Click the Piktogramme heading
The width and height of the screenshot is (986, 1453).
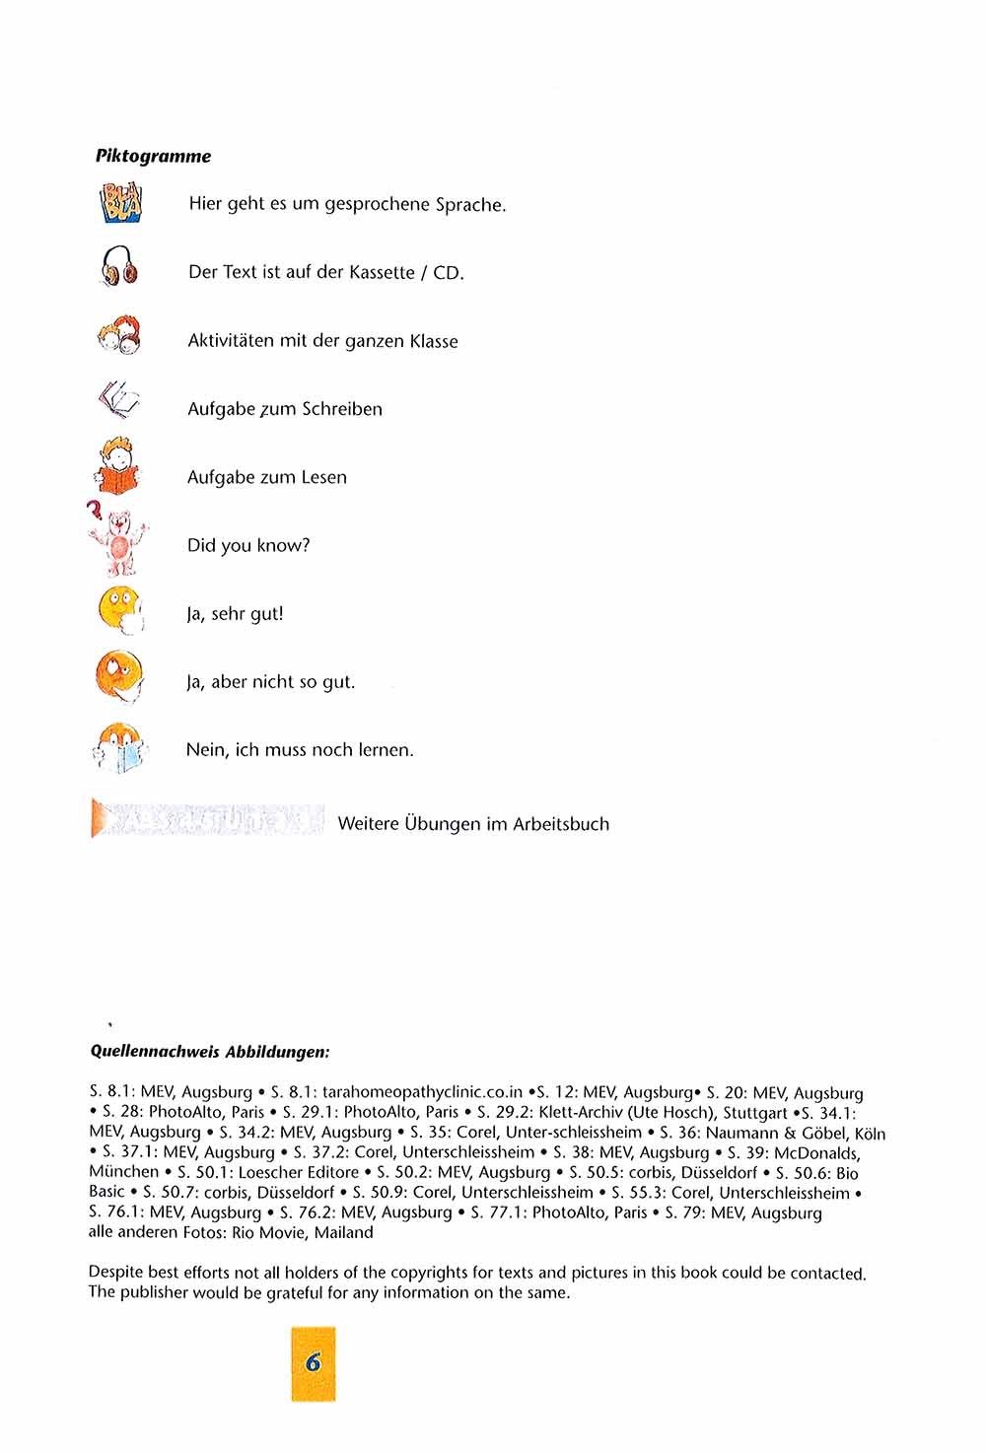point(153,156)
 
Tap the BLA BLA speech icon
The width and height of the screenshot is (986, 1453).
point(120,204)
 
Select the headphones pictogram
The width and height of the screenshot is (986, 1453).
point(119,267)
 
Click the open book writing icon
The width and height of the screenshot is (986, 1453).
point(118,400)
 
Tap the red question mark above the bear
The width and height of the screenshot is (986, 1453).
point(95,512)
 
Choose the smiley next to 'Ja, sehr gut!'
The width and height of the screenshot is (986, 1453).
point(120,608)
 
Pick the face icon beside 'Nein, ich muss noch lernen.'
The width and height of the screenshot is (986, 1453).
point(118,747)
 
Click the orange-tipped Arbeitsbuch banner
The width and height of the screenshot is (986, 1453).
point(207,820)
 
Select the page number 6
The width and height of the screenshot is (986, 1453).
point(314,1363)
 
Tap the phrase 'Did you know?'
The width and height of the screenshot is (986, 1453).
point(248,545)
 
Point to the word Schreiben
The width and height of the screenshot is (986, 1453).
point(342,409)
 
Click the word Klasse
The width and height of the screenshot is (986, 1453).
point(434,341)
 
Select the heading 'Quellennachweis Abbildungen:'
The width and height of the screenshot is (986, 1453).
point(210,1052)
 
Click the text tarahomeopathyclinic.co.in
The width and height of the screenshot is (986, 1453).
point(422,1092)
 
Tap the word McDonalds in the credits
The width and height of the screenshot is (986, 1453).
point(817,1152)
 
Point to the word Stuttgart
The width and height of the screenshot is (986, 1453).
point(755,1112)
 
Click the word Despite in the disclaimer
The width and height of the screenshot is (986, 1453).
point(116,1273)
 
